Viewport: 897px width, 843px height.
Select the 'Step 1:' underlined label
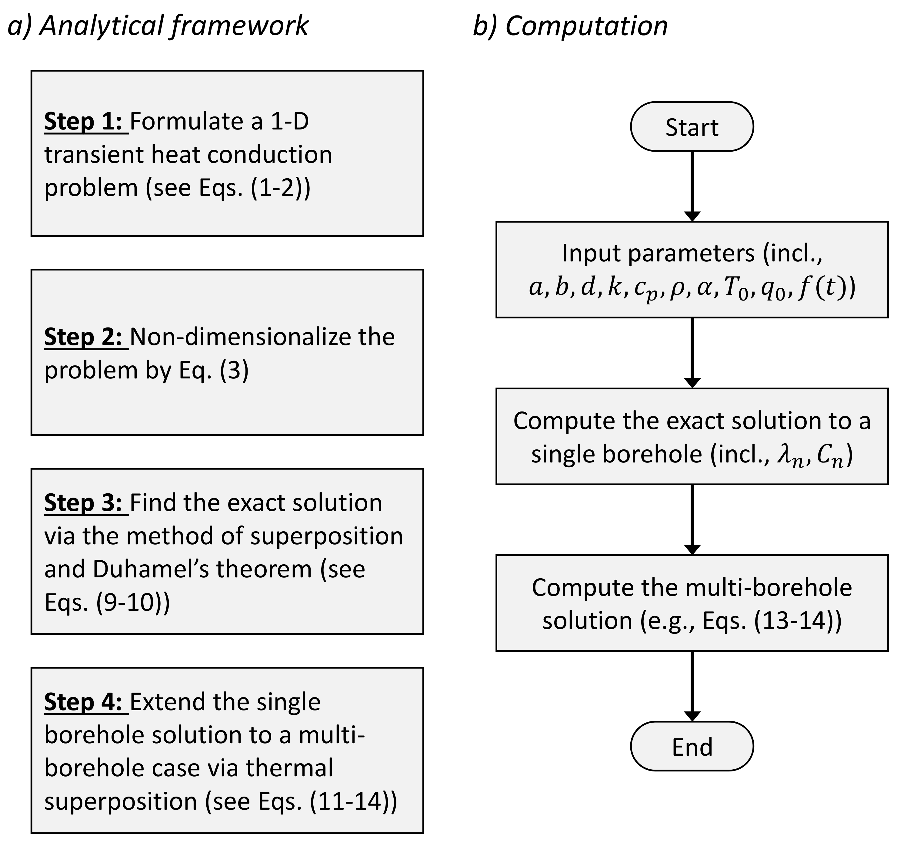coord(86,122)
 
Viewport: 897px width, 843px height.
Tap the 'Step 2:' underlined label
coord(86,337)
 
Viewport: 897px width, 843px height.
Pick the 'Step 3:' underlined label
coord(86,503)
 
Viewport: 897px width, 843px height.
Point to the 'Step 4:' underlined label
coord(86,702)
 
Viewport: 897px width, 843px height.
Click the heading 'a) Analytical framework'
coord(158,26)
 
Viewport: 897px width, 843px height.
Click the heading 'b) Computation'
coord(570,26)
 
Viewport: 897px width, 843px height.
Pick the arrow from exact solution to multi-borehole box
coord(692,519)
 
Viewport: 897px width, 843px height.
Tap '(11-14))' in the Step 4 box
coord(353,801)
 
